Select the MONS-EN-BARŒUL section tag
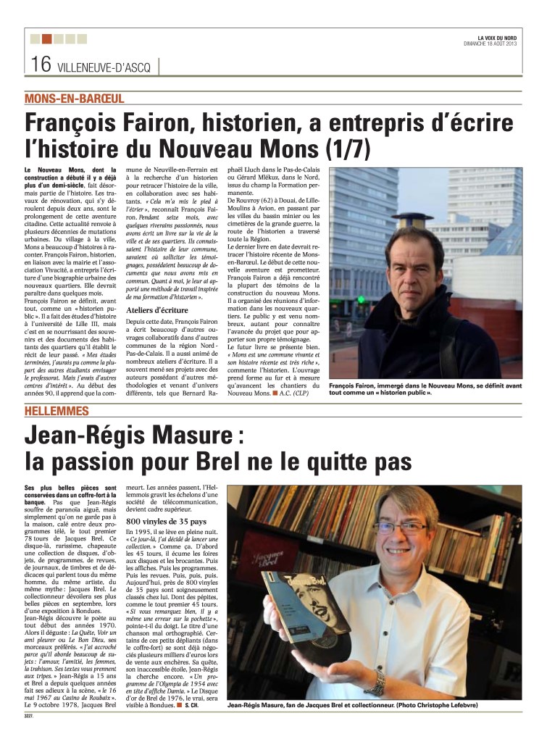point(74,98)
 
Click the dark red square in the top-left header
point(46,38)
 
